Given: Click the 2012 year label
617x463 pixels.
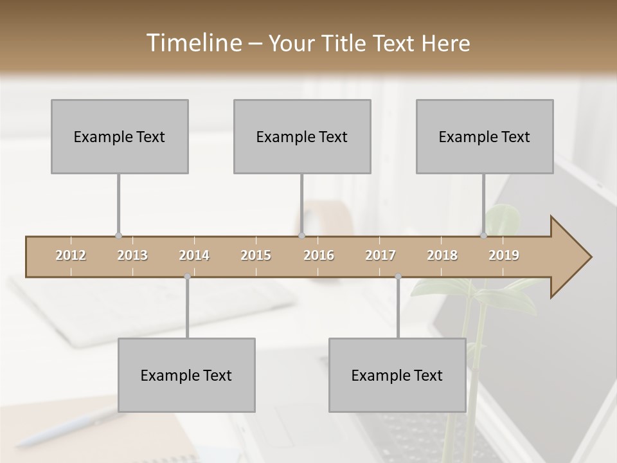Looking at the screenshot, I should (x=71, y=255).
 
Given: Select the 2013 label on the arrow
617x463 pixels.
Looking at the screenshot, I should (x=132, y=255).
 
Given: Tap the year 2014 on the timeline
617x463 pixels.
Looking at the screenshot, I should (x=194, y=255).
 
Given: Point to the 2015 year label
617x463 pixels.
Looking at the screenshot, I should (x=256, y=255).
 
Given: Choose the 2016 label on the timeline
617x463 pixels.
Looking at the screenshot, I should (x=319, y=255).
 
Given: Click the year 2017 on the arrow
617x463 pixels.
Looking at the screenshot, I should (x=380, y=255).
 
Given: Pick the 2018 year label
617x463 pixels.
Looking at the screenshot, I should (x=442, y=255).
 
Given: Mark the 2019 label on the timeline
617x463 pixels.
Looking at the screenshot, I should (x=504, y=255).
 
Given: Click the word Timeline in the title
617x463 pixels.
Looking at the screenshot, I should (x=193, y=43).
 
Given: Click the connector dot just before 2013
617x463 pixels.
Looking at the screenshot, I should (x=118, y=236).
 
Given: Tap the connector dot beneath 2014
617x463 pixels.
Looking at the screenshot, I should (x=187, y=277).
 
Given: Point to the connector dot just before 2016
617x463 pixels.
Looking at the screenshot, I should (x=301, y=236).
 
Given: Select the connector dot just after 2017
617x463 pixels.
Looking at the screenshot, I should (x=398, y=277).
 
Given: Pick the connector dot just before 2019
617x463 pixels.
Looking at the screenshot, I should (x=484, y=236).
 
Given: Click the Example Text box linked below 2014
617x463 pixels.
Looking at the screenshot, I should (x=186, y=375).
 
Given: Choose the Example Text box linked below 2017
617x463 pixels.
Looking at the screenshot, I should (x=397, y=375).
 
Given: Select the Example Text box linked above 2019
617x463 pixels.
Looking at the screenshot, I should (x=485, y=136).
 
